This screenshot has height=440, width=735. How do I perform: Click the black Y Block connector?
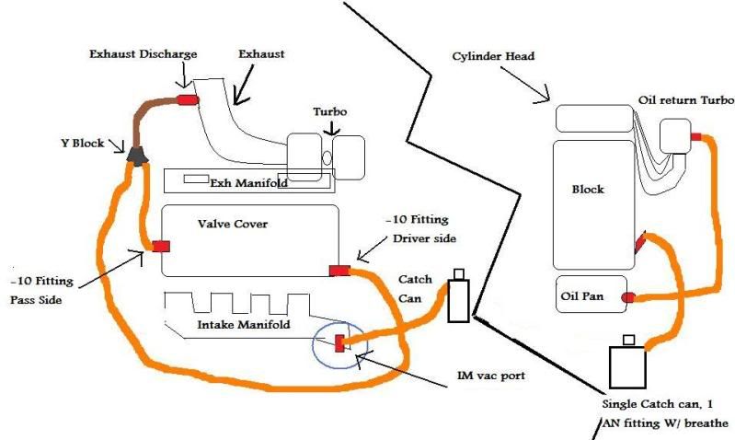(137, 156)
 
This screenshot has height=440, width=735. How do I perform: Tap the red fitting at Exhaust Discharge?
(188, 98)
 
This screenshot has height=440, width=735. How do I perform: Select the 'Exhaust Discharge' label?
(143, 54)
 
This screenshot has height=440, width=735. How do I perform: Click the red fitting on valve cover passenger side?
(161, 246)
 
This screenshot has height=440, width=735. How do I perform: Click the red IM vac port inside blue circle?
(339, 343)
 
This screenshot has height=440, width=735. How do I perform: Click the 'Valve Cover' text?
(227, 224)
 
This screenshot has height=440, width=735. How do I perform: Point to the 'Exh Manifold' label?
(248, 182)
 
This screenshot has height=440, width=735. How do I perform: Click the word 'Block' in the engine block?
(587, 189)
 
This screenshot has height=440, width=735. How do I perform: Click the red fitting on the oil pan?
(628, 297)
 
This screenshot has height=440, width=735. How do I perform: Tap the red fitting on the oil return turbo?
(695, 136)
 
